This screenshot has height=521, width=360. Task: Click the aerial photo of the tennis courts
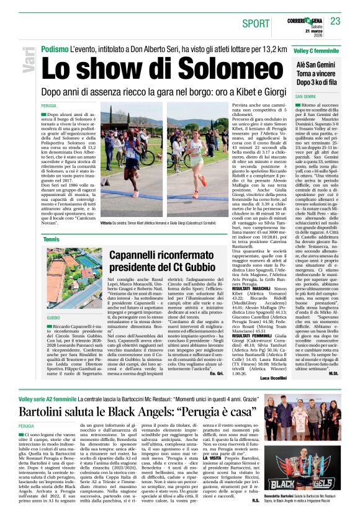coord(74,280)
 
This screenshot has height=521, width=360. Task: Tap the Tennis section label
coord(52,238)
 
